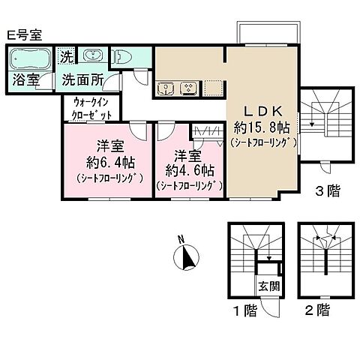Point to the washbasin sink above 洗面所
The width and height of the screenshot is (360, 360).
[92, 57]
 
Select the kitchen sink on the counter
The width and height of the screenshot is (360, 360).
[166, 89]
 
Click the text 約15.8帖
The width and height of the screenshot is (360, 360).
[263, 125]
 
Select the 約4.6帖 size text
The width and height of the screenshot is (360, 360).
[187, 170]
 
